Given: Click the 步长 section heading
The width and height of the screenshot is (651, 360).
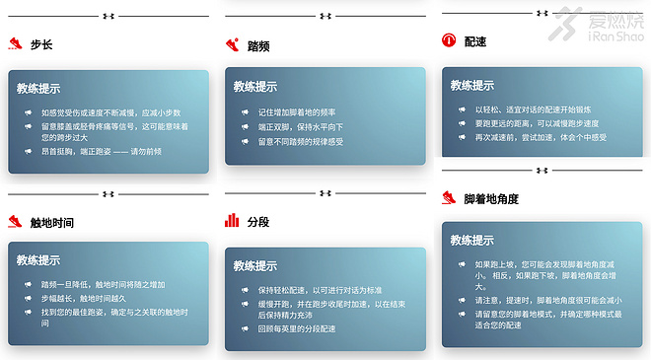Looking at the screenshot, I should pyautogui.click(x=41, y=45).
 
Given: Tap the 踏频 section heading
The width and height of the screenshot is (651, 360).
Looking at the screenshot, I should pyautogui.click(x=258, y=46).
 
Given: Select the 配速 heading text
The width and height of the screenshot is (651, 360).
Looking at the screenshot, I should pyautogui.click(x=474, y=41).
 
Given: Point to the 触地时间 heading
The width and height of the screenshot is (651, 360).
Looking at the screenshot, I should pyautogui.click(x=52, y=222).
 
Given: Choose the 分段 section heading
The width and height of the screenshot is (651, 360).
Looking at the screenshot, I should pyautogui.click(x=258, y=221).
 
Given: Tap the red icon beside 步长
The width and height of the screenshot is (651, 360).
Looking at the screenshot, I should pyautogui.click(x=15, y=44).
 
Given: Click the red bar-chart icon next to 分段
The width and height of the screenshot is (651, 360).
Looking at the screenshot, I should pyautogui.click(x=232, y=220).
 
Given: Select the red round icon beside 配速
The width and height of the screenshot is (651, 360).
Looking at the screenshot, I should pyautogui.click(x=449, y=40).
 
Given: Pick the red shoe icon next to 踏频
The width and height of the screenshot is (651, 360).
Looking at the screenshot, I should pyautogui.click(x=232, y=45).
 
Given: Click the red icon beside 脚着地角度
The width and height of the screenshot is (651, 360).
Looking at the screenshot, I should pyautogui.click(x=449, y=198).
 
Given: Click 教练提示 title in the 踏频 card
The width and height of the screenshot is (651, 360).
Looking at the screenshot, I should pyautogui.click(x=255, y=87).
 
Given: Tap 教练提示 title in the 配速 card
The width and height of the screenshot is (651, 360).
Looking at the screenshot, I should pyautogui.click(x=472, y=83).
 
